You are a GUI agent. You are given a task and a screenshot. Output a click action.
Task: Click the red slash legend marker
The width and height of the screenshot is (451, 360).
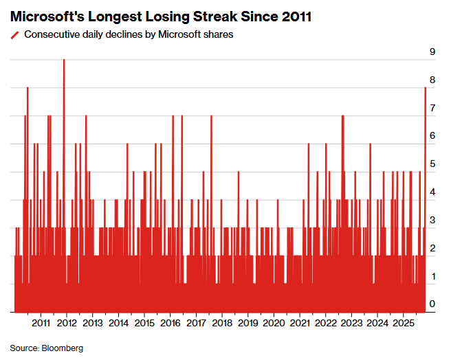point(15,35)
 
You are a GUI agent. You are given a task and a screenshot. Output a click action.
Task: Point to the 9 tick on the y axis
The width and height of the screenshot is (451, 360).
point(432,52)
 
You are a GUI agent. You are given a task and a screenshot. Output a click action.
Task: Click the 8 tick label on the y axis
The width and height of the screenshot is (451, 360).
point(432,80)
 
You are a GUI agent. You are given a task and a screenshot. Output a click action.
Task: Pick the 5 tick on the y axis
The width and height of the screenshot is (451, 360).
point(432,164)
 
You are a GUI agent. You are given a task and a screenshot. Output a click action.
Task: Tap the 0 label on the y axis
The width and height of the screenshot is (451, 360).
point(432,304)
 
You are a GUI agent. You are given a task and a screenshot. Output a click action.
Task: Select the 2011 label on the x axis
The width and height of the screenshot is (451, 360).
point(41,322)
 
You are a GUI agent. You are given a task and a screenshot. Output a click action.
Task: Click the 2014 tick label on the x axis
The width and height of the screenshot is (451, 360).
point(119,322)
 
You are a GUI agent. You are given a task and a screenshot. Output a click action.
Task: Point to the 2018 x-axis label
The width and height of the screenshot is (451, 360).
point(222,322)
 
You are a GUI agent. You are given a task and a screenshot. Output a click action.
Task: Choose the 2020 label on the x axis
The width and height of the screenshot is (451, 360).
point(274,322)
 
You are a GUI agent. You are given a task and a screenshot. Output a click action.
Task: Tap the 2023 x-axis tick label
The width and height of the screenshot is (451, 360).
point(351,322)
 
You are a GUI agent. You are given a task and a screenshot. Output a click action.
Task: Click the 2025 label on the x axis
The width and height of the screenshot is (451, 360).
point(403,322)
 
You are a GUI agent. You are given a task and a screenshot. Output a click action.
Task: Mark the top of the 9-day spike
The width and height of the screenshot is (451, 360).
point(64,60)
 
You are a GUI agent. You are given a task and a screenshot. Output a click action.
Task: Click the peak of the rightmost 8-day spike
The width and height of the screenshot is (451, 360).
point(426,88)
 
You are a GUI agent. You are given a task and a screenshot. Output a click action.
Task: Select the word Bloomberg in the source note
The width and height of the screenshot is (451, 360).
point(63,348)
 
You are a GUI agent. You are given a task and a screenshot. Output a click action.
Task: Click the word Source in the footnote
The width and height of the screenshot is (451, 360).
point(24,348)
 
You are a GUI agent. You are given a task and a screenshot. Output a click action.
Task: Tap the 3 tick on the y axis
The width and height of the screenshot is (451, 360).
point(432,220)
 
